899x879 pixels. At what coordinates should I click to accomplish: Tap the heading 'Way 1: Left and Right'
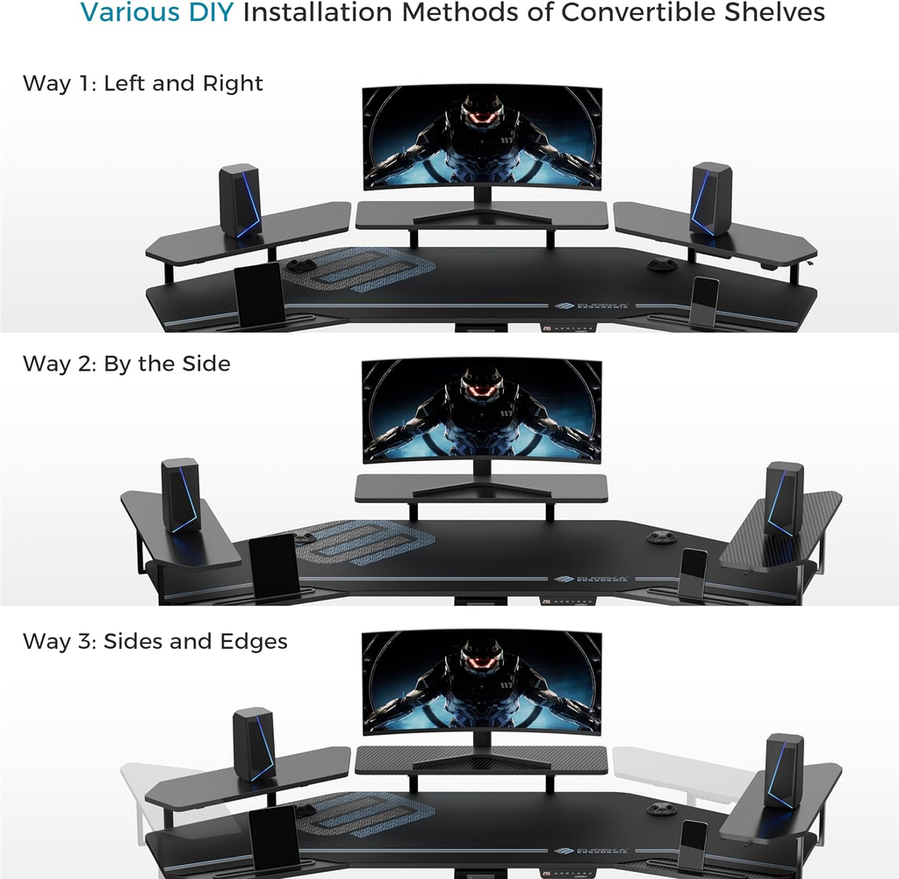point(143,83)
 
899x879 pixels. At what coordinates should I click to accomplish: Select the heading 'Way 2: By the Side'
point(126,364)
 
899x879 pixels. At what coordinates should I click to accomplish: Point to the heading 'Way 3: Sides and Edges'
point(155,641)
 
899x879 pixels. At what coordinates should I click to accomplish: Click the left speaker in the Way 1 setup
point(240,200)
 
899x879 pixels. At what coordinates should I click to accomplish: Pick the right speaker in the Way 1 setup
point(711,198)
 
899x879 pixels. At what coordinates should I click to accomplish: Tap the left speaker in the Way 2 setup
point(181,494)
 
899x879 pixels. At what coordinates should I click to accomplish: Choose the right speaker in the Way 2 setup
point(784,498)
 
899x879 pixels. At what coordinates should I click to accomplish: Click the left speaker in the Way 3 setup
point(254,744)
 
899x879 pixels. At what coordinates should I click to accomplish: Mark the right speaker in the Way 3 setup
point(783,770)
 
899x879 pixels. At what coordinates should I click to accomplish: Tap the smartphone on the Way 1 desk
point(705,301)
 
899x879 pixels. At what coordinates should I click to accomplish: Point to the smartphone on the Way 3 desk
point(694,846)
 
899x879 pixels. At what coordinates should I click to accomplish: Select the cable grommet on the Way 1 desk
point(660,263)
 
